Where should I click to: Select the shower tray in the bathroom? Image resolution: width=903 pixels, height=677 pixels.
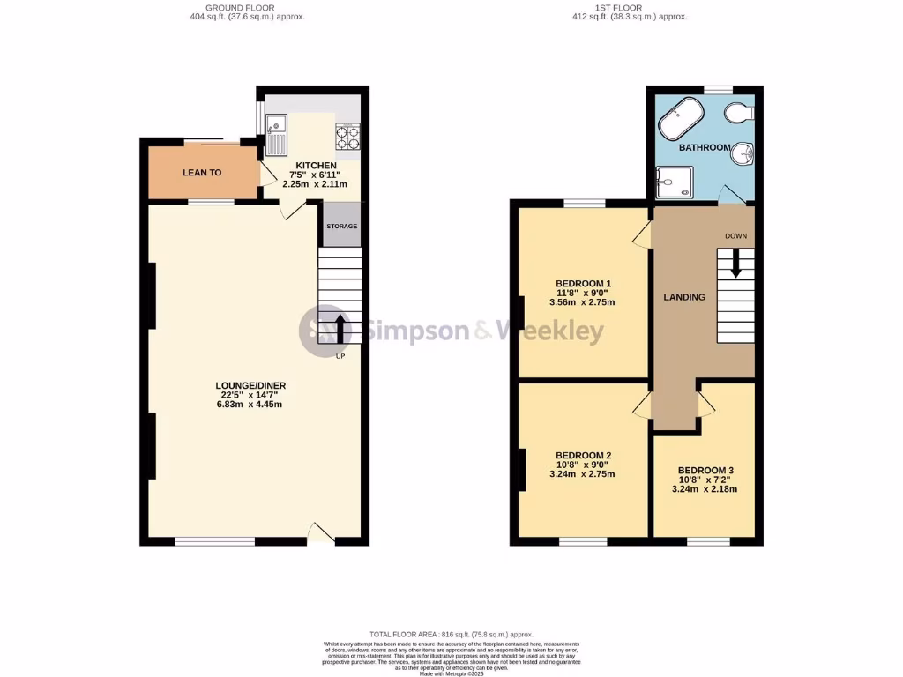pos(674,182)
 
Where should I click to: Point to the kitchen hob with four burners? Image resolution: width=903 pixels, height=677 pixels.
pos(347,137)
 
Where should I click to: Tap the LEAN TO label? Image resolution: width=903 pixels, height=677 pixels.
pos(202,173)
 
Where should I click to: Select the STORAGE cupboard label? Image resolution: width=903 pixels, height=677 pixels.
pos(341,227)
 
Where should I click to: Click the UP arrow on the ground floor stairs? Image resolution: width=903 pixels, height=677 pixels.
pos(340,328)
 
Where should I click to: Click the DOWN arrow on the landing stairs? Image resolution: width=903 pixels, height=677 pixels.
pos(736,262)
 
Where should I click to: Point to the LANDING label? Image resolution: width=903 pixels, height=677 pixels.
pos(684,297)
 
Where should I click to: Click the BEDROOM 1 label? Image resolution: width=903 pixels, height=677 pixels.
pos(583,284)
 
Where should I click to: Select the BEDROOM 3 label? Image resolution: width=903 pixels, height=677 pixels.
pos(705,471)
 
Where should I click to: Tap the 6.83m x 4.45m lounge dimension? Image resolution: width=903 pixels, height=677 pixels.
pos(250,405)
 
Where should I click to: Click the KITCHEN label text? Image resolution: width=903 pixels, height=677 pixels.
pos(315,166)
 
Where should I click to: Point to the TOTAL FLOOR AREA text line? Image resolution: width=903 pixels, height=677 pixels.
pos(451,634)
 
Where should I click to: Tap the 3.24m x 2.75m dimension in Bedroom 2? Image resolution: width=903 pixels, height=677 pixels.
pos(582,474)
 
